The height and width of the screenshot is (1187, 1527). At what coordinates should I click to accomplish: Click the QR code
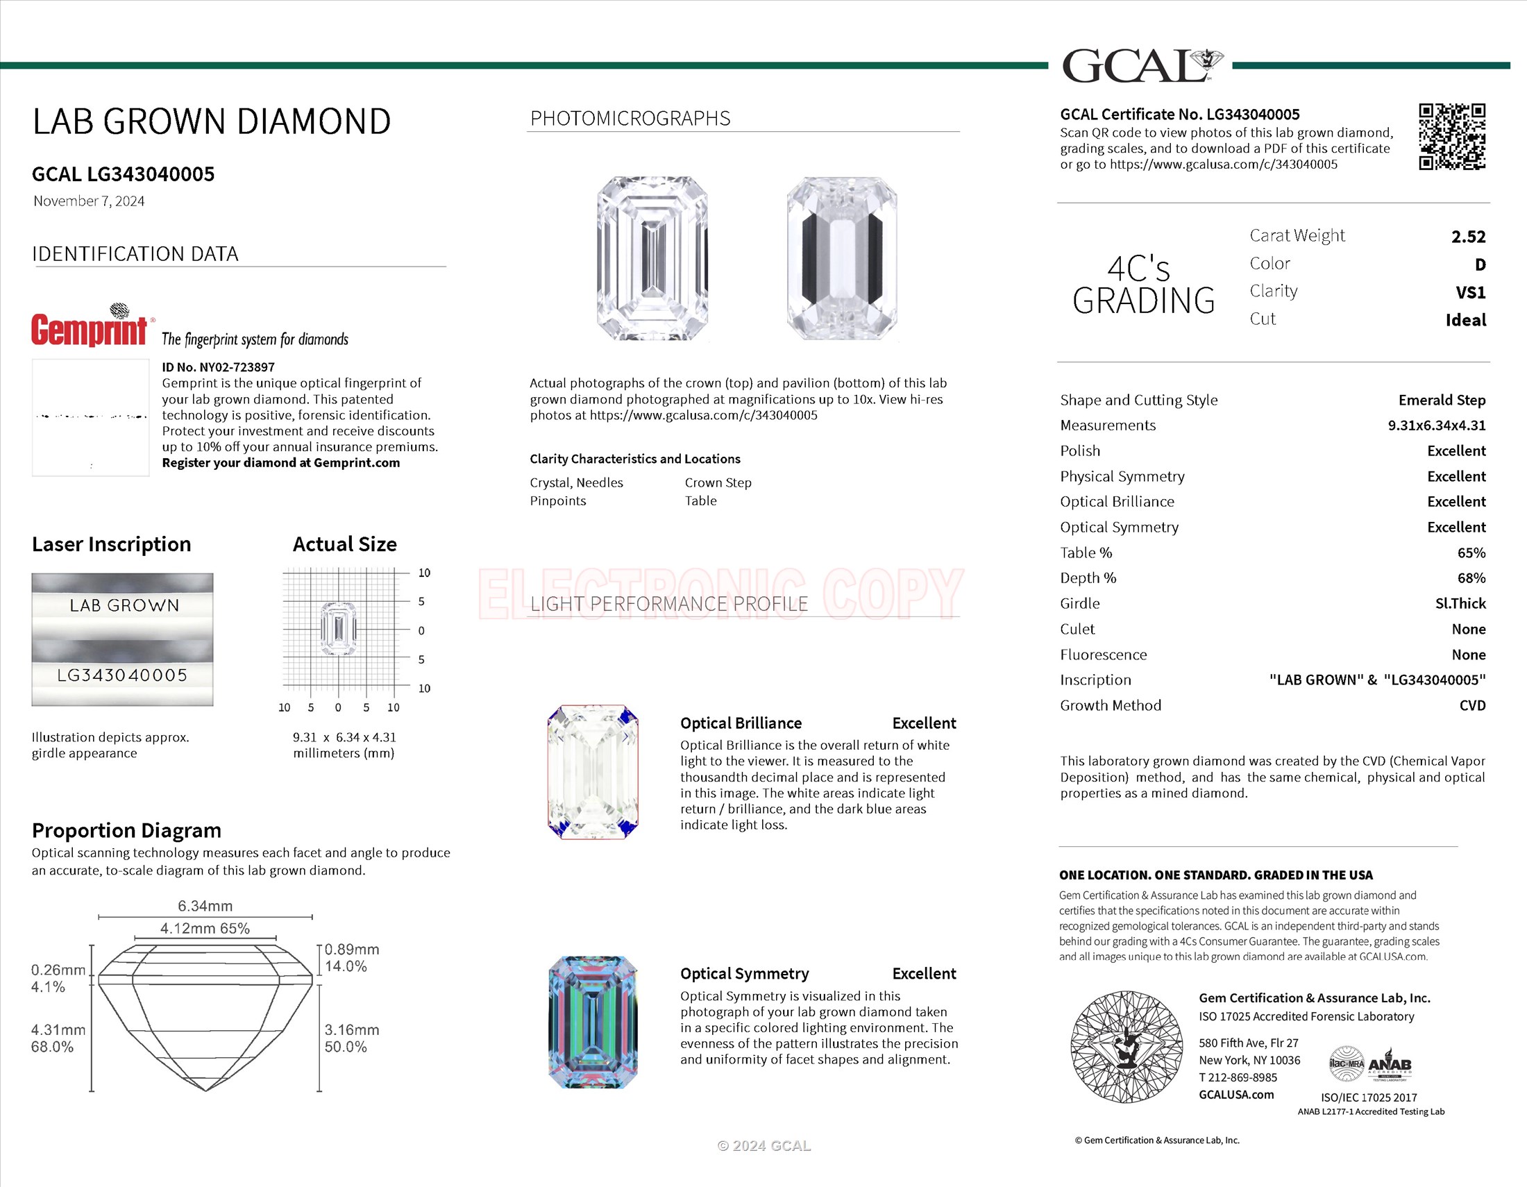tap(1451, 137)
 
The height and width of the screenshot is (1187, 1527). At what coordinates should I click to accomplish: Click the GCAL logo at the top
tap(1141, 66)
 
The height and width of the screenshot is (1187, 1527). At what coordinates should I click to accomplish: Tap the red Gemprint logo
tap(90, 328)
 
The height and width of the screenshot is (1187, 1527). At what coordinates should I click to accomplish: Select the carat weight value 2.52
tap(1467, 237)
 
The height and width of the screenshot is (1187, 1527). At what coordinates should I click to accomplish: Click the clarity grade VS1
tap(1470, 292)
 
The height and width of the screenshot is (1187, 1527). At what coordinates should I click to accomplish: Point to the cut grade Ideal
tap(1465, 320)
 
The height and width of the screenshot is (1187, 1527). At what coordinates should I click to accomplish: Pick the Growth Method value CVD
tap(1471, 705)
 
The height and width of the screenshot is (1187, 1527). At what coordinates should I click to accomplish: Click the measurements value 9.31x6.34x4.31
tap(1436, 425)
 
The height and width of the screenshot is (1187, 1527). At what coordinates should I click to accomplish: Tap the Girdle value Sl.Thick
tap(1460, 603)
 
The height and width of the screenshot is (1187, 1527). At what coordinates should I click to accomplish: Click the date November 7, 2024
tap(89, 201)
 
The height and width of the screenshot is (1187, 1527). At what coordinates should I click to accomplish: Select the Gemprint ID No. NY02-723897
tap(218, 367)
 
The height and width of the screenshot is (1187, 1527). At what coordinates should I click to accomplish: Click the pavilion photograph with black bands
tap(841, 258)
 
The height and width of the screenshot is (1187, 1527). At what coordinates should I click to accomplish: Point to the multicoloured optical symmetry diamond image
tap(593, 1022)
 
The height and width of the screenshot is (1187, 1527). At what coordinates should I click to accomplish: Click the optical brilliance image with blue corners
tap(593, 772)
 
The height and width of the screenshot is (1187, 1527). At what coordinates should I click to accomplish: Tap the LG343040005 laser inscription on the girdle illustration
tap(122, 675)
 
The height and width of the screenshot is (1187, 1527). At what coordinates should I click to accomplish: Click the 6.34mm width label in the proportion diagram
tap(205, 906)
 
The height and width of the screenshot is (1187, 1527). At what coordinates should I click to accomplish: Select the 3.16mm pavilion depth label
tap(351, 1029)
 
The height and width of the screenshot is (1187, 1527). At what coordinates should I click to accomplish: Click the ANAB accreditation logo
tap(1390, 1066)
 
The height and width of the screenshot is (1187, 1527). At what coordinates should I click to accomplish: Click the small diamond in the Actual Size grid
tap(339, 628)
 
